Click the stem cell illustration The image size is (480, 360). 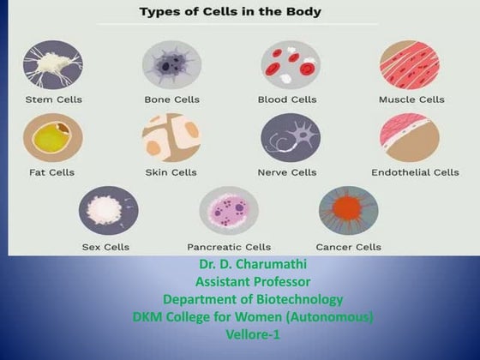[52, 65]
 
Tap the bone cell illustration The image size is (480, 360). [171, 65]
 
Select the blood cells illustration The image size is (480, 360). [290, 65]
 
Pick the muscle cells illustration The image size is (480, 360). [410, 65]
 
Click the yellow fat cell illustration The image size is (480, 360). [52, 138]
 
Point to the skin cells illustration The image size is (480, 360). [171, 138]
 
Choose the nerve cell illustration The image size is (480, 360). [290, 138]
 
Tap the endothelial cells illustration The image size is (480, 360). [410, 138]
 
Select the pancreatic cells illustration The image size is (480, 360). [228, 211]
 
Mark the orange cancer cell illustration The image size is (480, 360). [348, 211]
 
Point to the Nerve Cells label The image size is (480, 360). [287, 172]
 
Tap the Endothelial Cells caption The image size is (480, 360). [415, 172]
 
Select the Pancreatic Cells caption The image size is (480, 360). [228, 247]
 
